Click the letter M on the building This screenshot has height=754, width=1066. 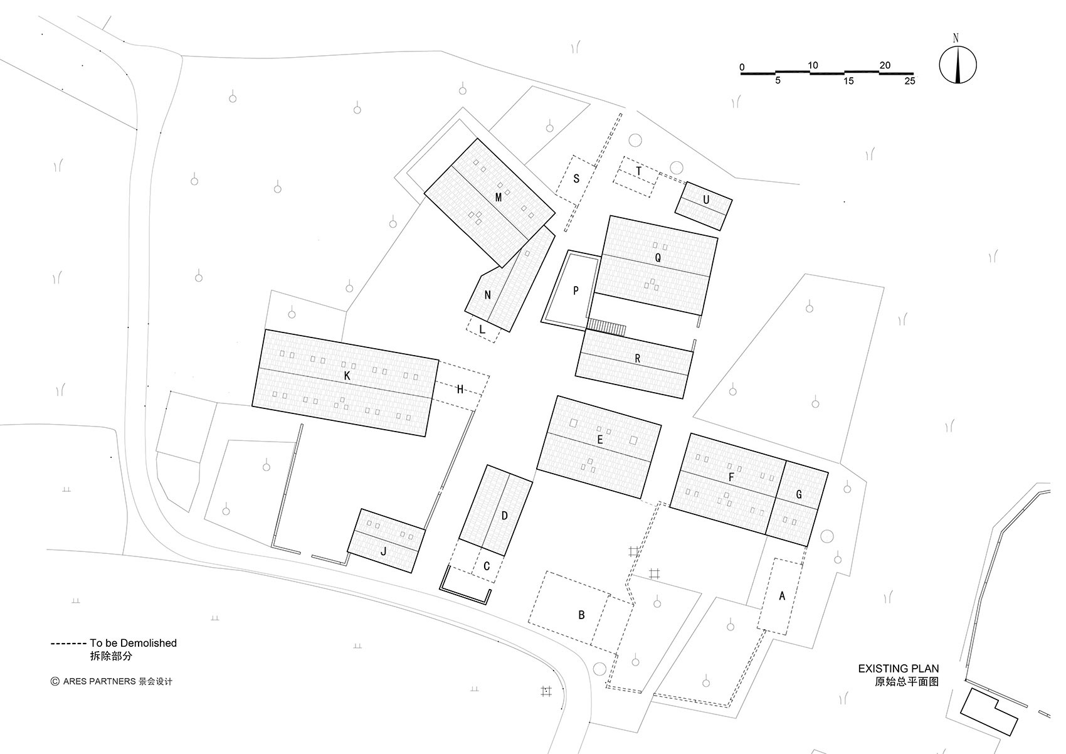[x=499, y=197]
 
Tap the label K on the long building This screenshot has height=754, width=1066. [x=347, y=376]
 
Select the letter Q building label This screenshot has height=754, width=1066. [x=658, y=258]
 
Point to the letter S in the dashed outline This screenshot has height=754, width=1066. [x=576, y=179]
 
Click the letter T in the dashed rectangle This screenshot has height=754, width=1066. [x=638, y=171]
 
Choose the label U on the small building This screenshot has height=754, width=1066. [x=706, y=200]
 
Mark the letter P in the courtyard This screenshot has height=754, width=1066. [x=576, y=290]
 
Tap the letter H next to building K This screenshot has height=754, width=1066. [x=460, y=390]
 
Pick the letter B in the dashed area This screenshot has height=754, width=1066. [x=581, y=615]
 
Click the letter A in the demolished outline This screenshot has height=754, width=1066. [x=782, y=595]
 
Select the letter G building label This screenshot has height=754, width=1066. [x=799, y=494]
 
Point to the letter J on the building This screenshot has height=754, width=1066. [x=384, y=551]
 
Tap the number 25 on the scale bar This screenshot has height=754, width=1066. [x=910, y=81]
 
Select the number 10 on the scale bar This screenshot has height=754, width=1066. [x=813, y=65]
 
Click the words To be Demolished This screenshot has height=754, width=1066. [x=133, y=643]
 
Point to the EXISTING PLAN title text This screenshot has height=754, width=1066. [x=899, y=669]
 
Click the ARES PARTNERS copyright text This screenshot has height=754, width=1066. [x=100, y=682]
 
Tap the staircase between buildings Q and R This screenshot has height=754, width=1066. [x=606, y=327]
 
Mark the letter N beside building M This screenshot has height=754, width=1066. [x=487, y=295]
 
